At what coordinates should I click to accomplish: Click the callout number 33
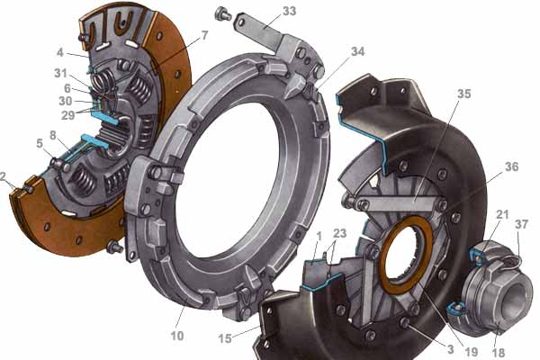[289, 11]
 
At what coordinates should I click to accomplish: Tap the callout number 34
[357, 51]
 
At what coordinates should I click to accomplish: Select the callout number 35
[463, 94]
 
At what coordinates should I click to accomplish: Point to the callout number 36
[511, 166]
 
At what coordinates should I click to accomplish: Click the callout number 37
[521, 224]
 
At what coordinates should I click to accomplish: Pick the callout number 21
[502, 214]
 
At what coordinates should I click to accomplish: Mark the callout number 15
[224, 338]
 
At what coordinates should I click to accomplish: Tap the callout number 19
[471, 352]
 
